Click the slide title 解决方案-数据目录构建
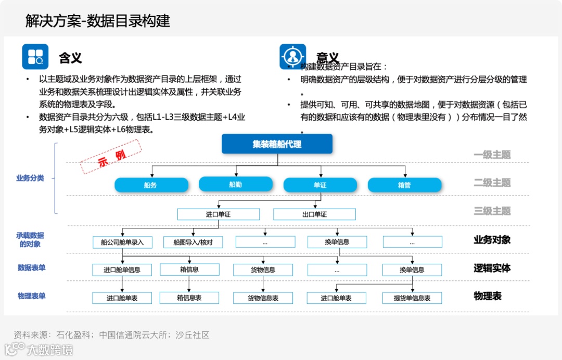point(98,21)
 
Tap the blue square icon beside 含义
point(35,57)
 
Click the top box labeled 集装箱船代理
point(277,144)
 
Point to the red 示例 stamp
point(111,156)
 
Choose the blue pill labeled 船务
point(151,185)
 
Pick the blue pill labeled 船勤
point(236,184)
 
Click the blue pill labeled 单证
point(320,185)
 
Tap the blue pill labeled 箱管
point(404,185)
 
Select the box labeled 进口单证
point(219,214)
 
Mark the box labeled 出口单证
point(314,214)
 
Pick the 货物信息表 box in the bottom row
point(263,298)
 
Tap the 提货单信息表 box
point(412,298)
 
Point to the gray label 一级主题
point(492,155)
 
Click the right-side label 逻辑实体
point(492,268)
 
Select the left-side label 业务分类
point(30,178)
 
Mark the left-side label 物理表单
point(32,296)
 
